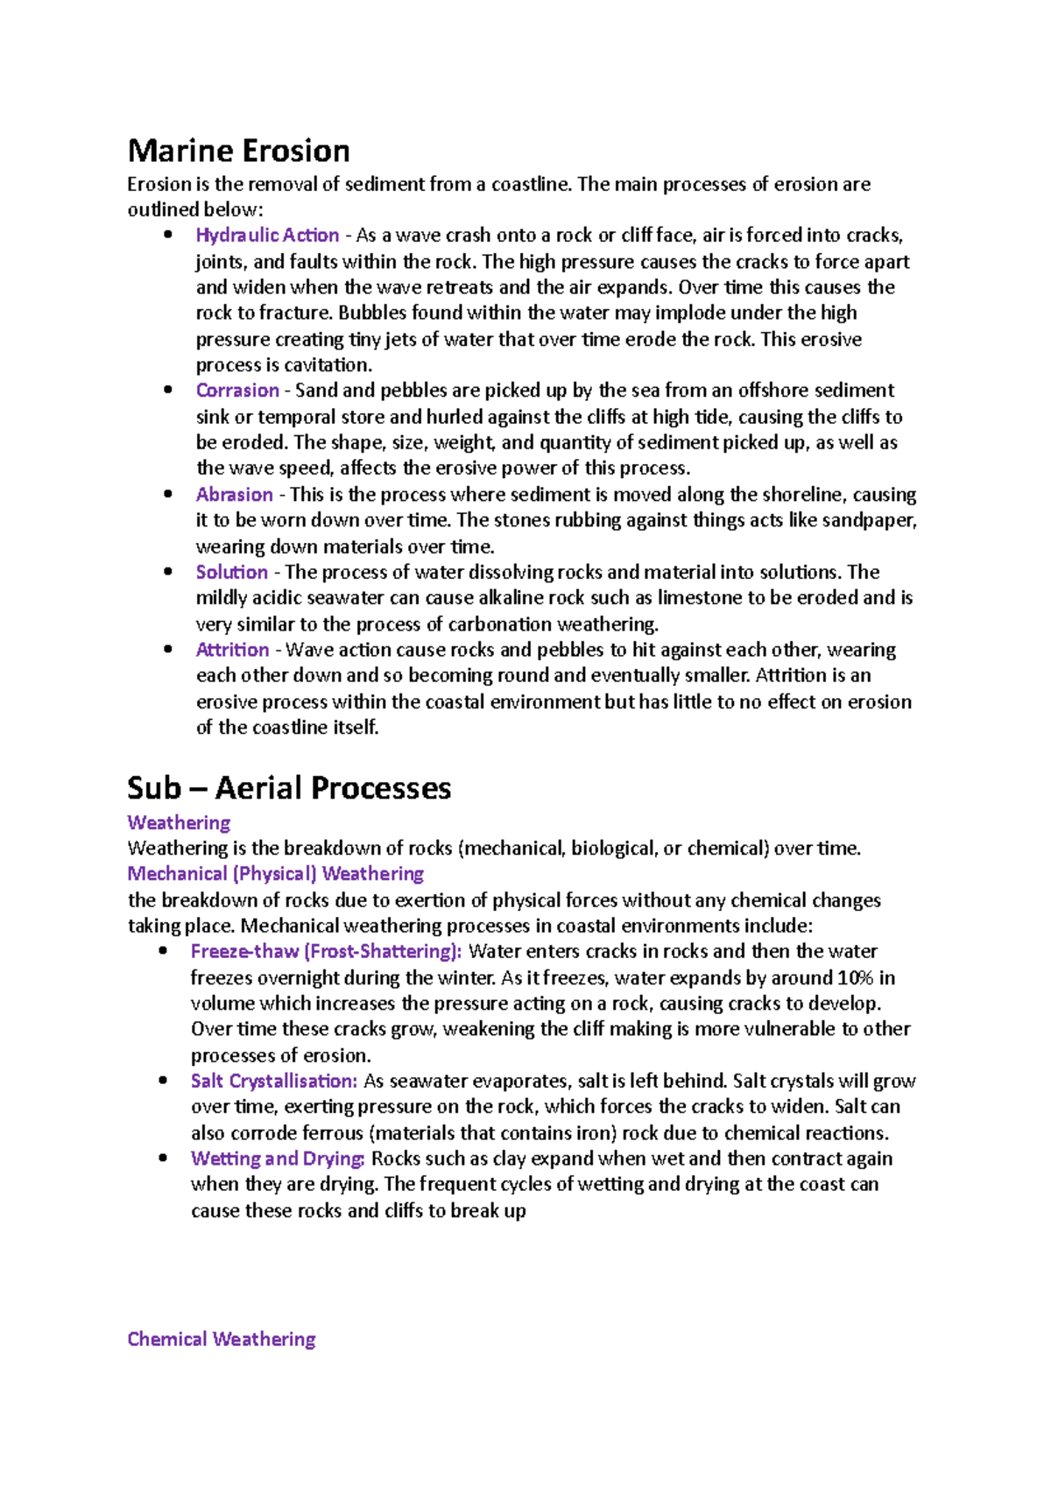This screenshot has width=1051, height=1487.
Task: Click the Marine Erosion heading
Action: (x=238, y=151)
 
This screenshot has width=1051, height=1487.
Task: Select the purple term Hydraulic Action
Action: (x=267, y=236)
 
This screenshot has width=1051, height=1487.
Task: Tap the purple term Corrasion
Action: (x=237, y=391)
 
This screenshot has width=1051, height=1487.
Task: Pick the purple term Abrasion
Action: (x=234, y=495)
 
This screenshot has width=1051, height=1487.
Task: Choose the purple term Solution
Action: (x=231, y=573)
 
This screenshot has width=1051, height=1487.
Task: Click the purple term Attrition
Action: (x=232, y=650)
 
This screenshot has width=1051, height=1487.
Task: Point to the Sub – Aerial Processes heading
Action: (x=289, y=788)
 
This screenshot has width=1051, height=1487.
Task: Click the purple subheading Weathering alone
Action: (x=179, y=823)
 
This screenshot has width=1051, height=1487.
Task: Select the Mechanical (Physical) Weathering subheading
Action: (x=275, y=874)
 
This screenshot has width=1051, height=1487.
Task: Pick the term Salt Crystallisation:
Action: (x=273, y=1082)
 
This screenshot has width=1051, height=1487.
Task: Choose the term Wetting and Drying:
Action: (x=278, y=1159)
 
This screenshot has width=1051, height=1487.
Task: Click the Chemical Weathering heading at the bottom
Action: (x=221, y=1339)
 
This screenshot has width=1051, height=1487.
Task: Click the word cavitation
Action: (x=327, y=365)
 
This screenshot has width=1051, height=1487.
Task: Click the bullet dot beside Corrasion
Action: (x=168, y=391)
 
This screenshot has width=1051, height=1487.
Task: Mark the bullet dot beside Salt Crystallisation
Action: (x=163, y=1082)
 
